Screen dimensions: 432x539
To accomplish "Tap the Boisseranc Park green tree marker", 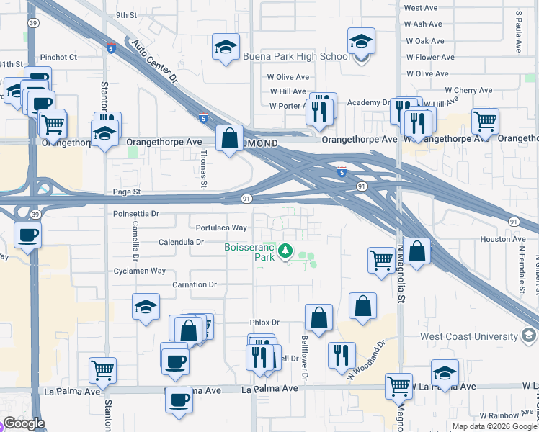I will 286,251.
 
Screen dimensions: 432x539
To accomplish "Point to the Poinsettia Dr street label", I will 135,214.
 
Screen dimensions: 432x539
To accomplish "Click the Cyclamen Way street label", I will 140,271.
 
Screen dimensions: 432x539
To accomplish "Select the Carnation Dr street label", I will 195,285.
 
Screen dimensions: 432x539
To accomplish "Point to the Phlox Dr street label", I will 264,323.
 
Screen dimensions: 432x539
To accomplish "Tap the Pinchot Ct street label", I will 58,57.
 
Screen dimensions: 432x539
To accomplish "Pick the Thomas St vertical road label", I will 204,164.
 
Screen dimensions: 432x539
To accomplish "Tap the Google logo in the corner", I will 24,423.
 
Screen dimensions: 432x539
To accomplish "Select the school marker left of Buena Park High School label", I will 226,48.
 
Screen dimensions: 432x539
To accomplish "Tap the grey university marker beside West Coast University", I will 529,336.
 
